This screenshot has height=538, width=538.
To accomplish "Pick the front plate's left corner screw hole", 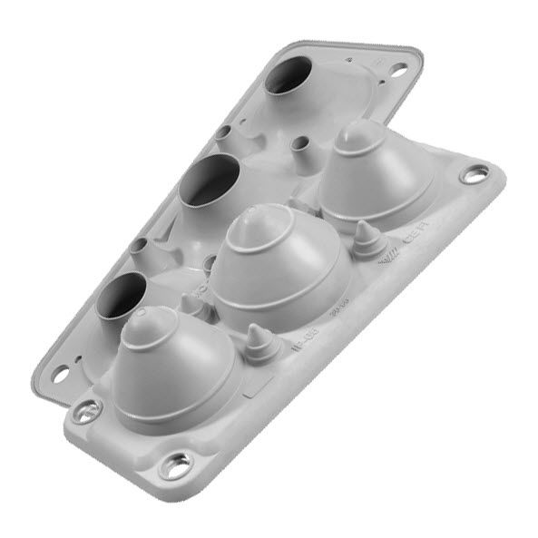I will click(86, 411).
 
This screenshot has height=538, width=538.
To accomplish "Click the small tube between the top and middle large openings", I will click(222, 133).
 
